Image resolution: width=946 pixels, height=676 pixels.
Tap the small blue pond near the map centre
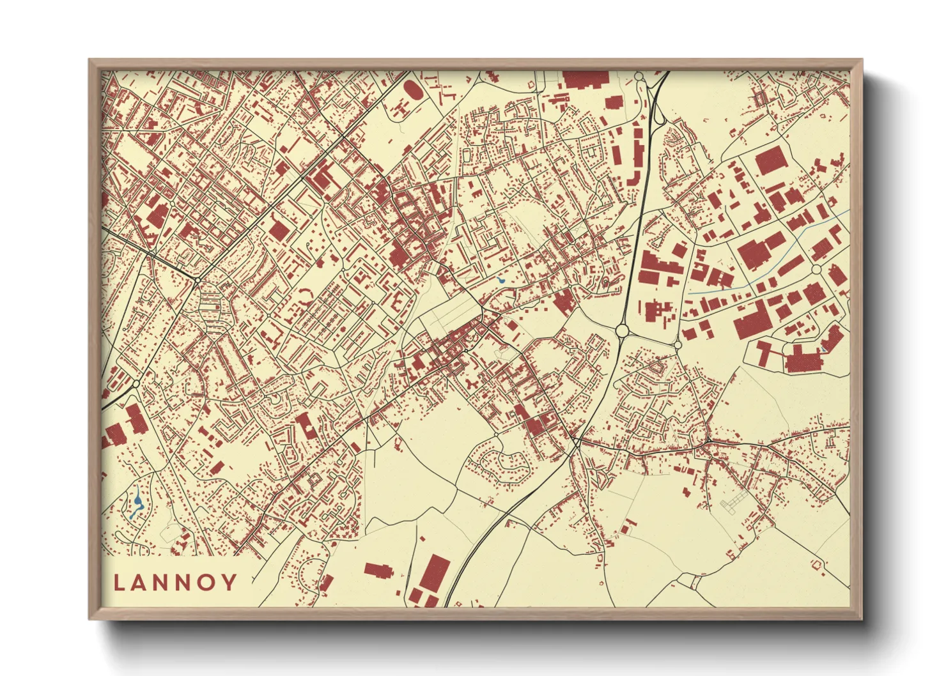pos(500,280)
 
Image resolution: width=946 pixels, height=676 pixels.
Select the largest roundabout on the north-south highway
pos(622,331)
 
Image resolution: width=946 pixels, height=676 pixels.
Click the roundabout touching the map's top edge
pos(639,77)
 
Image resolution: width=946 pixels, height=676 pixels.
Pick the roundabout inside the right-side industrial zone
pos(816,270)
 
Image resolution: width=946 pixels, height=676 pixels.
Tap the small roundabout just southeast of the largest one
pos(678,345)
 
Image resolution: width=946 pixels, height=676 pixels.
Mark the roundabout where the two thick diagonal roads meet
pos(198,280)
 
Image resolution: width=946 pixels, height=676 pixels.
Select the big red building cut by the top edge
pos(584,79)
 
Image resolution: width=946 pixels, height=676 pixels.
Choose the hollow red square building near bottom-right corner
pos(816,564)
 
